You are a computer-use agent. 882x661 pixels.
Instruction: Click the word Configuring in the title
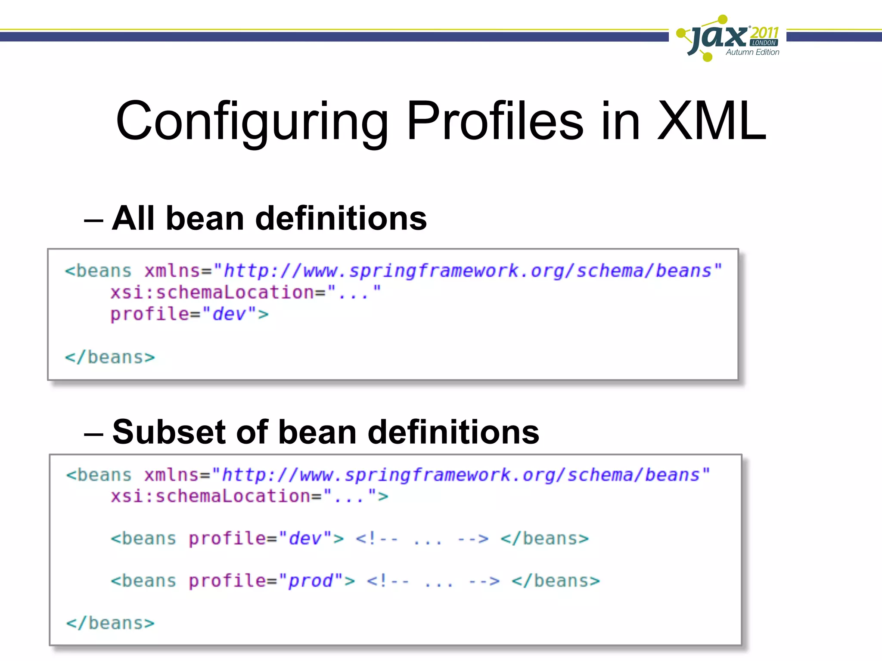coord(252,121)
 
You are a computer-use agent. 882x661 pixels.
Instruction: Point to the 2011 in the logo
coord(764,32)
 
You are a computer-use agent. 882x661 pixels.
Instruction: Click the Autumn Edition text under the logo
coord(752,52)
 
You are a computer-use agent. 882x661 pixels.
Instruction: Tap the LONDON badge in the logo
coord(764,43)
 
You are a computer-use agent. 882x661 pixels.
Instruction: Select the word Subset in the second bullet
coord(168,432)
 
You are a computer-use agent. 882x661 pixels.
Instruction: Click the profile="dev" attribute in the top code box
coord(189,314)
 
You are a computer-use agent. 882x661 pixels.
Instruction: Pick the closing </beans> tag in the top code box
coord(110,357)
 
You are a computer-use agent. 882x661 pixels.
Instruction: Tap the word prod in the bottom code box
coord(311,581)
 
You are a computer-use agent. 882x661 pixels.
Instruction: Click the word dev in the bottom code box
coord(305,539)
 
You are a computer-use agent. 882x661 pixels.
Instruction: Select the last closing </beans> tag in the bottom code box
coord(110,623)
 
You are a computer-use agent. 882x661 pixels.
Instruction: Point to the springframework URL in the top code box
coord(467,271)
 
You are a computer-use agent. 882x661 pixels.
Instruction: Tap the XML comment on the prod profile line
coord(433,581)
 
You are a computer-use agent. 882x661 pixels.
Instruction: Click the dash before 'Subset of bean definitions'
coord(93,435)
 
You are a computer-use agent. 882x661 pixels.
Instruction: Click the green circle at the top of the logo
coord(723,19)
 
